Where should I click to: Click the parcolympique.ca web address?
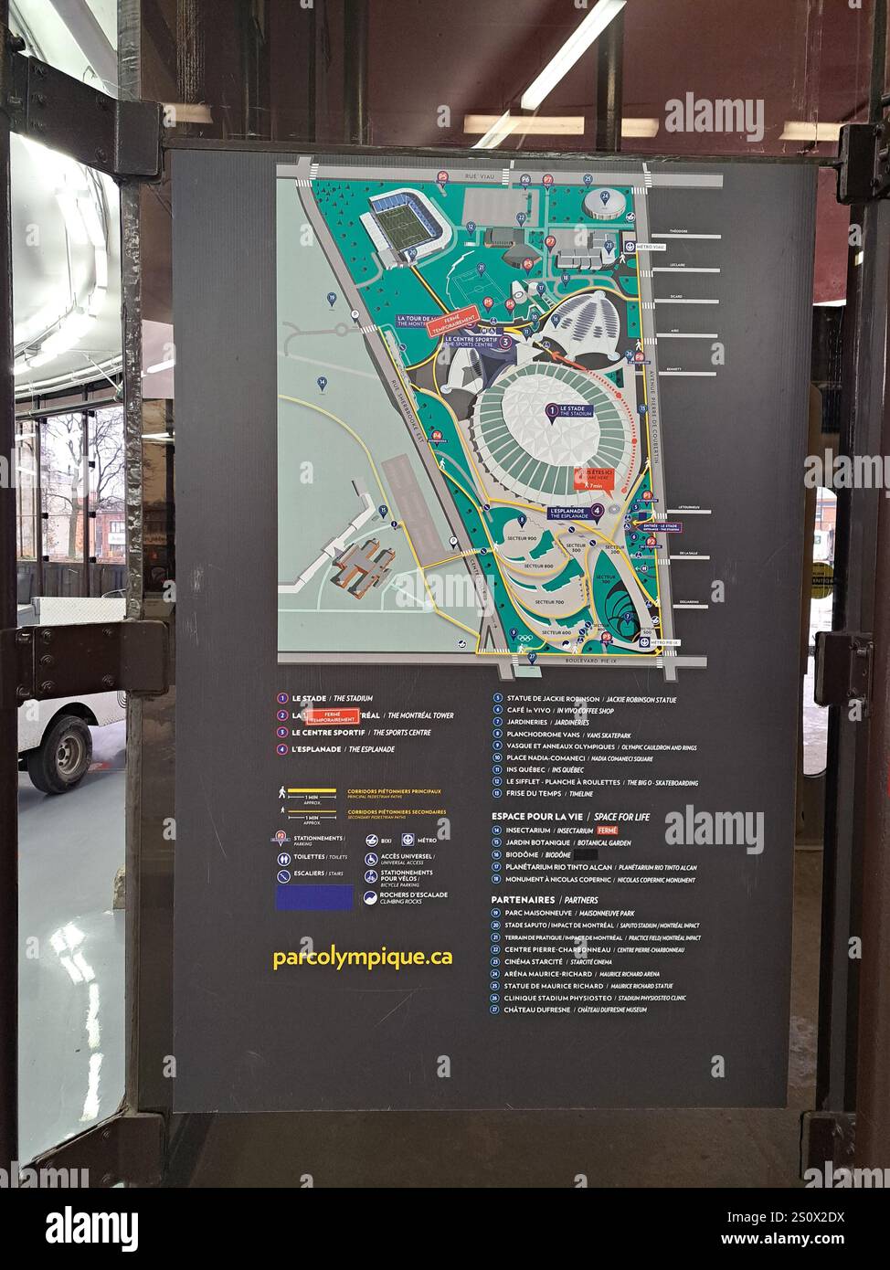[x=362, y=958]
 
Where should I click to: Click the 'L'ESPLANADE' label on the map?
[x=573, y=513]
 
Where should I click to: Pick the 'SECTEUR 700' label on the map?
[x=548, y=602]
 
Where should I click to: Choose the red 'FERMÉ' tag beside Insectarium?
[x=608, y=831]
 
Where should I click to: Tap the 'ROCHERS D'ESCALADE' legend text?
[x=414, y=895]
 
